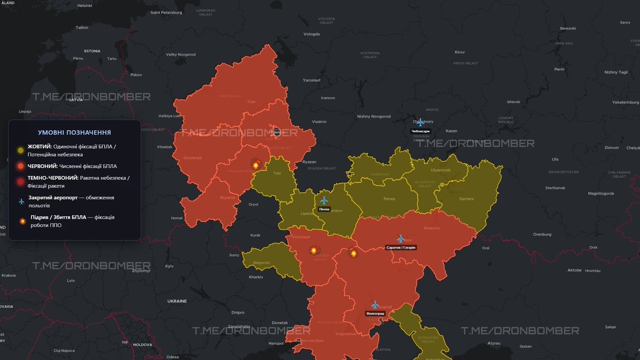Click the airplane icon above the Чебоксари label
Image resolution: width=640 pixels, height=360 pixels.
click(420, 122)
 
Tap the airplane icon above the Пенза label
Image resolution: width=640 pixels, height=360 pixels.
click(324, 201)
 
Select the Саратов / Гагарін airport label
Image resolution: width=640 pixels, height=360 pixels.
click(401, 247)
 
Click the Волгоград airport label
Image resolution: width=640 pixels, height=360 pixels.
click(375, 314)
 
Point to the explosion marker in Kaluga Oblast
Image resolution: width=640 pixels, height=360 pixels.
click(255, 165)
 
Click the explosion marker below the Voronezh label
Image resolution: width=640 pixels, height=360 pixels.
click(314, 250)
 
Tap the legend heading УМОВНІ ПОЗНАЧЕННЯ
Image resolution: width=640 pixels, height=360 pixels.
click(75, 132)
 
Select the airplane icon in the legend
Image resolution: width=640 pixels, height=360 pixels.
click(21, 201)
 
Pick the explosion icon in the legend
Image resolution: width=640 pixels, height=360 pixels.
click(22, 221)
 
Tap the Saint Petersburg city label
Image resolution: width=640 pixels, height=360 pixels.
click(167, 12)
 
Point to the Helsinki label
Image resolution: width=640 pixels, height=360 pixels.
click(85, 5)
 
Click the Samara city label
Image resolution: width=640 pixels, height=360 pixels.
click(466, 199)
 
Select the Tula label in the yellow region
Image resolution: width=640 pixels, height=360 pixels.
click(277, 173)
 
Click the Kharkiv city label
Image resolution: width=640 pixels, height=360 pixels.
click(256, 277)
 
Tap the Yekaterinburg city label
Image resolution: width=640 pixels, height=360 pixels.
click(625, 102)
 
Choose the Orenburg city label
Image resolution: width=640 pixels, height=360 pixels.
click(542, 234)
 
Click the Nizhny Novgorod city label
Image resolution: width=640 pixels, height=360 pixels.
click(374, 116)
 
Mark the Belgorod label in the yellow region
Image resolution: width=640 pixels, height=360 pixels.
click(261, 262)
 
